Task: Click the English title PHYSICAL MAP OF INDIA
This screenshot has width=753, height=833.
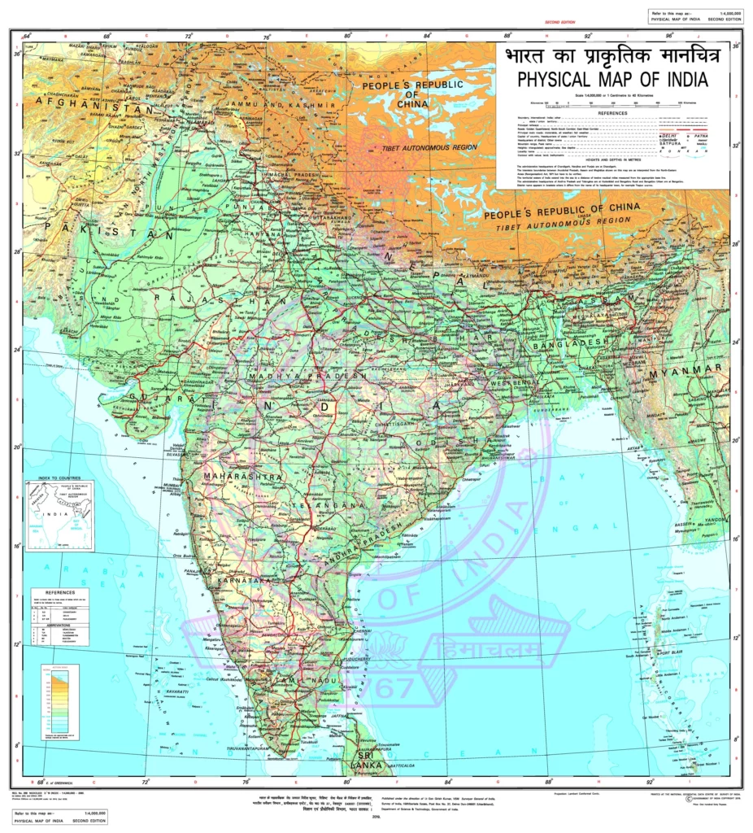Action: (612, 79)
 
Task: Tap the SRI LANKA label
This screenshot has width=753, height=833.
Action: (361, 760)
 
